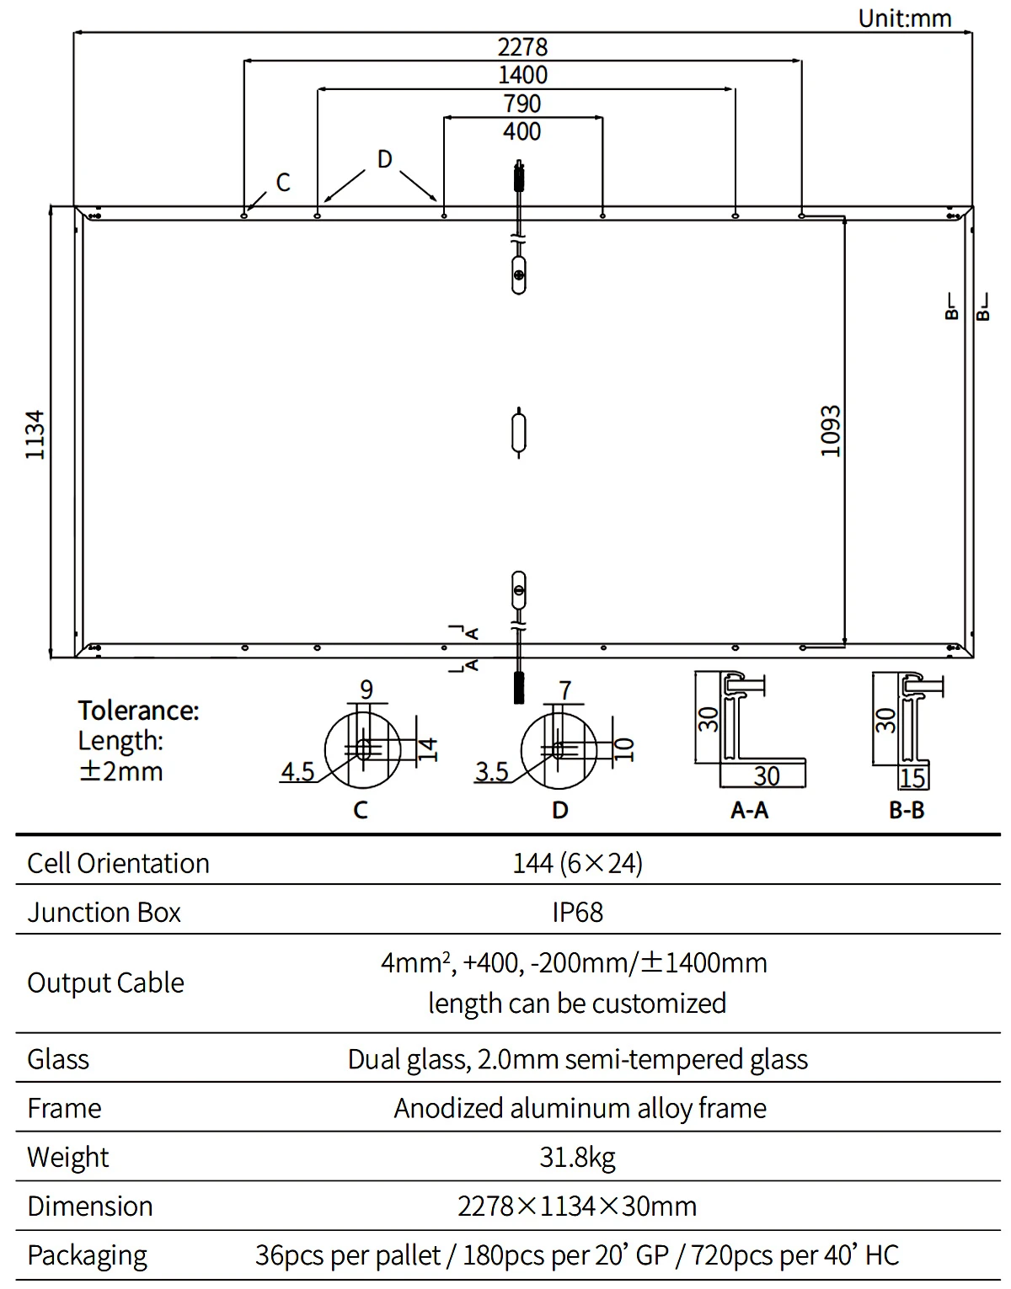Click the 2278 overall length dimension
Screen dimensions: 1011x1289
tap(522, 47)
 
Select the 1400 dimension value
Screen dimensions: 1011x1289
tap(522, 75)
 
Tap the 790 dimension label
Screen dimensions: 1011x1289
tap(522, 104)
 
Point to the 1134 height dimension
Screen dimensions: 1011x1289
tap(35, 434)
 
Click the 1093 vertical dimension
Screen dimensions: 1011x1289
tap(831, 431)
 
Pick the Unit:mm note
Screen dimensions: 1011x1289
tap(905, 19)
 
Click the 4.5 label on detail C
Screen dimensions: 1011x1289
tap(298, 772)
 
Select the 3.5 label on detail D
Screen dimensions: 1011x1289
tap(492, 772)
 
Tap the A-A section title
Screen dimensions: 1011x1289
tap(749, 810)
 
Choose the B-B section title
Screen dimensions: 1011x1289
tap(907, 810)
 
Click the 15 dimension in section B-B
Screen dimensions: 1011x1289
tap(912, 778)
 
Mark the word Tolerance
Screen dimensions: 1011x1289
tap(139, 710)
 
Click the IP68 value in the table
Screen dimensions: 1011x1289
tap(577, 913)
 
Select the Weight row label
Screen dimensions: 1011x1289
tap(67, 1158)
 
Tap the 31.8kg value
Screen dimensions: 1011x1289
tap(577, 1158)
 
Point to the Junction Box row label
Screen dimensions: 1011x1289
tap(104, 913)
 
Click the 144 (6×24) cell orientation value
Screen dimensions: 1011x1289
tap(577, 864)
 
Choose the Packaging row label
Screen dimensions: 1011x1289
tap(88, 1256)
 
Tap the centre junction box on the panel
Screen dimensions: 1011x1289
tap(518, 433)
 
